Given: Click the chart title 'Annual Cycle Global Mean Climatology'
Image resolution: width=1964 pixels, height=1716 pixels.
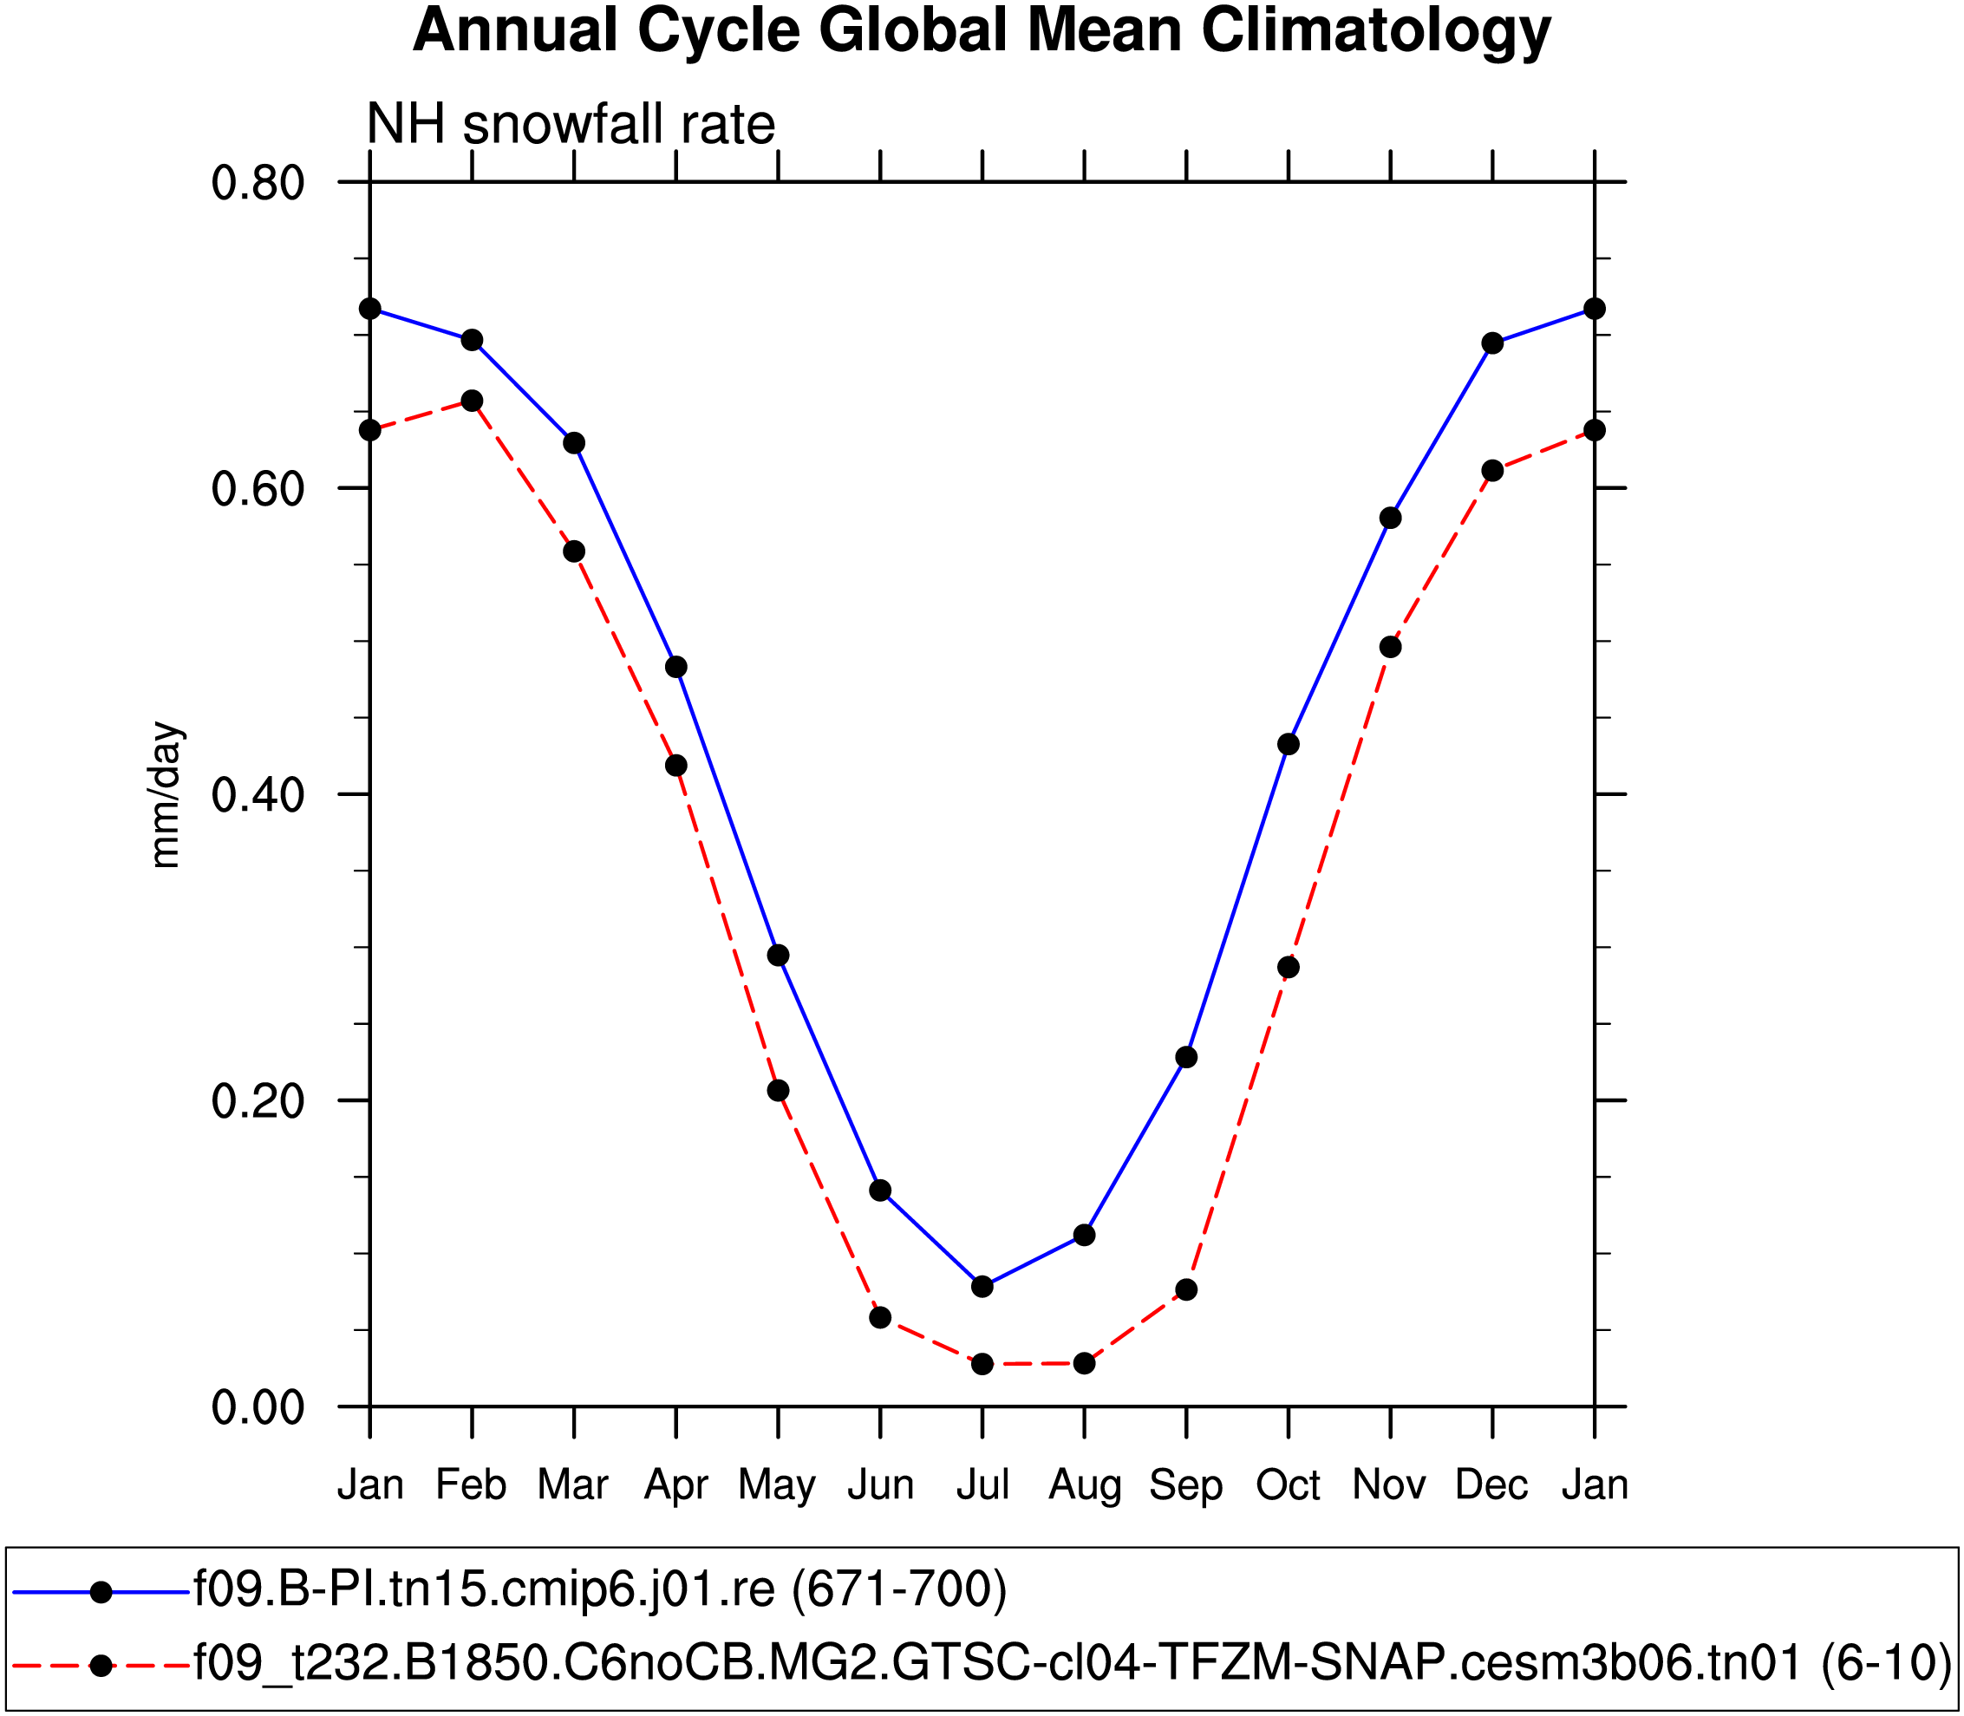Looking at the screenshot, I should (x=982, y=30).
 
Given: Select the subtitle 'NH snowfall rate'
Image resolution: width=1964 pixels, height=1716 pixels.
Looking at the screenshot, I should (x=571, y=125).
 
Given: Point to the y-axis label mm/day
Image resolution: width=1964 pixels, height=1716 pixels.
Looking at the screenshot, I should (x=166, y=795).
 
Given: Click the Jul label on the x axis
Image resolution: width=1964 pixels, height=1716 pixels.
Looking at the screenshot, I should (x=982, y=1485).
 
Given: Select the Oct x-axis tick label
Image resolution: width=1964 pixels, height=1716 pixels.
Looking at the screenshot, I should (x=1288, y=1485).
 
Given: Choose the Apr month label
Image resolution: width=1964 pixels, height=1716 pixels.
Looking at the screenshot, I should (x=676, y=1485).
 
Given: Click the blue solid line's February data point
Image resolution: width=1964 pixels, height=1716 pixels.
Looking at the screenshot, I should (x=472, y=340).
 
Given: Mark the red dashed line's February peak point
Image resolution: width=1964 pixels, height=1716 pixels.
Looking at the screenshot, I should (x=472, y=401).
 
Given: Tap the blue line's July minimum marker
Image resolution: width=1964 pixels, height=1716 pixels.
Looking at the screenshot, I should (x=982, y=1286).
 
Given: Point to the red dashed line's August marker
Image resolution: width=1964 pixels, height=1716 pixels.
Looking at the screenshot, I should (x=1084, y=1362).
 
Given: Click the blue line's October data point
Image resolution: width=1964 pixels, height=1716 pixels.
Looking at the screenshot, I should (x=1289, y=744).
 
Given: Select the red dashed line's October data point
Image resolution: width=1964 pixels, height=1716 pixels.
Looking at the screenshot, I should (x=1289, y=967).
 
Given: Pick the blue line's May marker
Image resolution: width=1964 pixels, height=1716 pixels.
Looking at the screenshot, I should (x=779, y=955).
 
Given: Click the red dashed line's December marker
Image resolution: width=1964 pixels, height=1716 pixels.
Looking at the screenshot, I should (x=1493, y=470).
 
